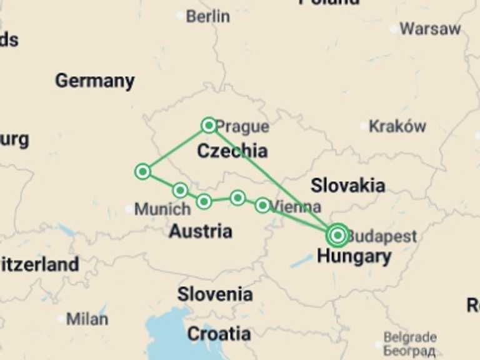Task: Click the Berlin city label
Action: pos(208,16)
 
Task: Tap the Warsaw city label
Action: pos(429,29)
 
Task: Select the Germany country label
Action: pos(94,81)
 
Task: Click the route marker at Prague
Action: pos(209,126)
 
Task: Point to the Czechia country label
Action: pos(232,151)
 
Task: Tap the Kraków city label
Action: pos(397,126)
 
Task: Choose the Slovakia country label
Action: pos(347,185)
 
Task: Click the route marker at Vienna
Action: pos(262,205)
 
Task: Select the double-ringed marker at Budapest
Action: pos(337,236)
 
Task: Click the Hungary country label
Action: pos(354,256)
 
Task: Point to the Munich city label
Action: pos(162,209)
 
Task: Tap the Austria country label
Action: pos(201,231)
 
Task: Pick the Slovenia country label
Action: pos(215,294)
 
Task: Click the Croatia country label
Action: pos(219,334)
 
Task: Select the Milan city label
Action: pos(87,318)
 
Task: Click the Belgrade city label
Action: pos(410,337)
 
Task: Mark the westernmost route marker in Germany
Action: pos(142,171)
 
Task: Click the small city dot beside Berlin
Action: pos(181,15)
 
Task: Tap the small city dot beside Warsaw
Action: pos(393,28)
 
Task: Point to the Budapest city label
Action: pos(381,236)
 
